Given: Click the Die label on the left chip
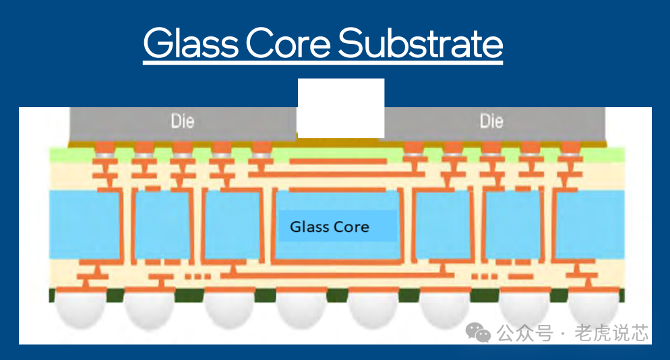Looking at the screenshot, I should [182, 121].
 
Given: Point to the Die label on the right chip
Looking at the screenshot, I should [491, 121].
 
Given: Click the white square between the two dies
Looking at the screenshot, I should [341, 108].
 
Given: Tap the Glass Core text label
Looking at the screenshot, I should [330, 227].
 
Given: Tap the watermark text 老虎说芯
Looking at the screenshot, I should [611, 332].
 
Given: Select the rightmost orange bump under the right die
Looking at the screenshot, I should [570, 147].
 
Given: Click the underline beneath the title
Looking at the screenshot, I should [323, 63].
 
